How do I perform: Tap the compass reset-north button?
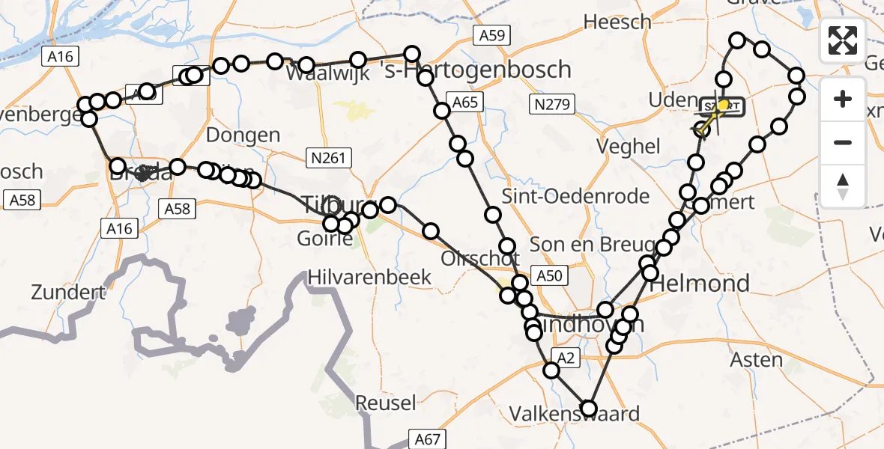[x=843, y=186]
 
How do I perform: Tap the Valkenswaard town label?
[x=575, y=414]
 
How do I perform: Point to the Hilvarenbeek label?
[x=370, y=278]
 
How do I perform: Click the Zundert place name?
[x=68, y=292]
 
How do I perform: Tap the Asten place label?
[x=756, y=360]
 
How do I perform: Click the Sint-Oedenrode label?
[x=575, y=198]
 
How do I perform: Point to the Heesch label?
[x=617, y=22]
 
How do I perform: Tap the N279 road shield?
[x=549, y=103]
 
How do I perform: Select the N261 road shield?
[x=329, y=156]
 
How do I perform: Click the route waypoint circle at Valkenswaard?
[x=589, y=409]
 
